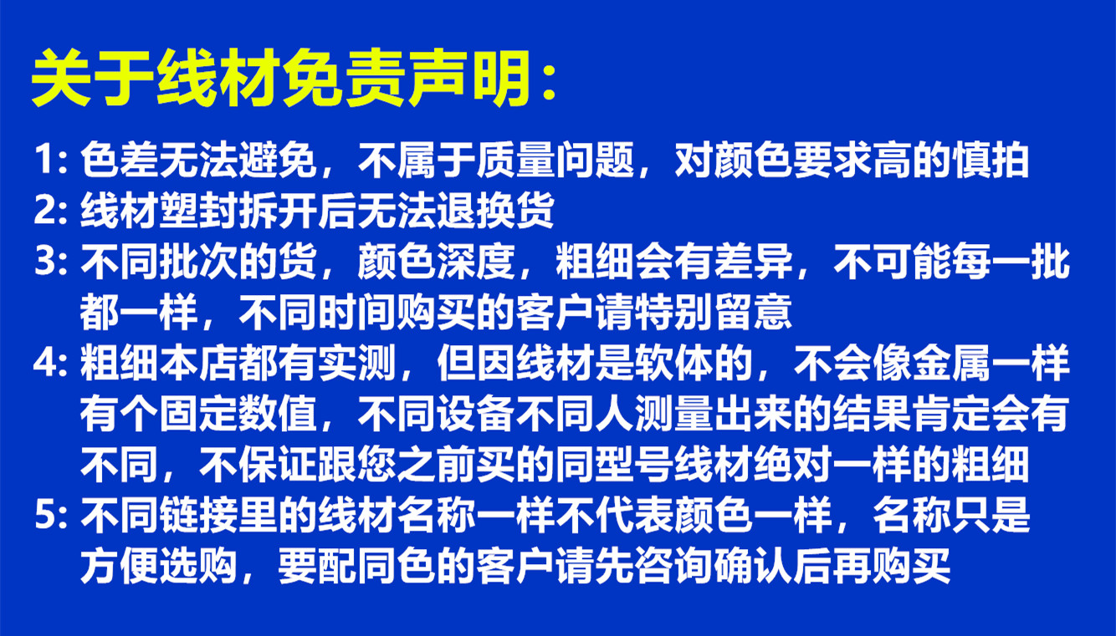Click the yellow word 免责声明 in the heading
(x=407, y=78)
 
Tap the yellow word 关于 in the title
(x=92, y=78)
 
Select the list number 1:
(x=51, y=160)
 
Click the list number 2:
(x=51, y=211)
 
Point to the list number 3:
(x=51, y=262)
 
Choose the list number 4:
(x=51, y=363)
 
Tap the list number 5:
(x=51, y=515)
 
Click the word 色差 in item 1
(x=120, y=160)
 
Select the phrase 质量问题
(x=555, y=160)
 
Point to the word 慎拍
(x=991, y=160)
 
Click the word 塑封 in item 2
(x=198, y=211)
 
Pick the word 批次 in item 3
(x=198, y=262)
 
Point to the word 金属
(x=951, y=363)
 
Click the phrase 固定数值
(x=238, y=414)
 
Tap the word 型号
(x=634, y=465)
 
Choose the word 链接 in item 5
(x=198, y=515)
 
